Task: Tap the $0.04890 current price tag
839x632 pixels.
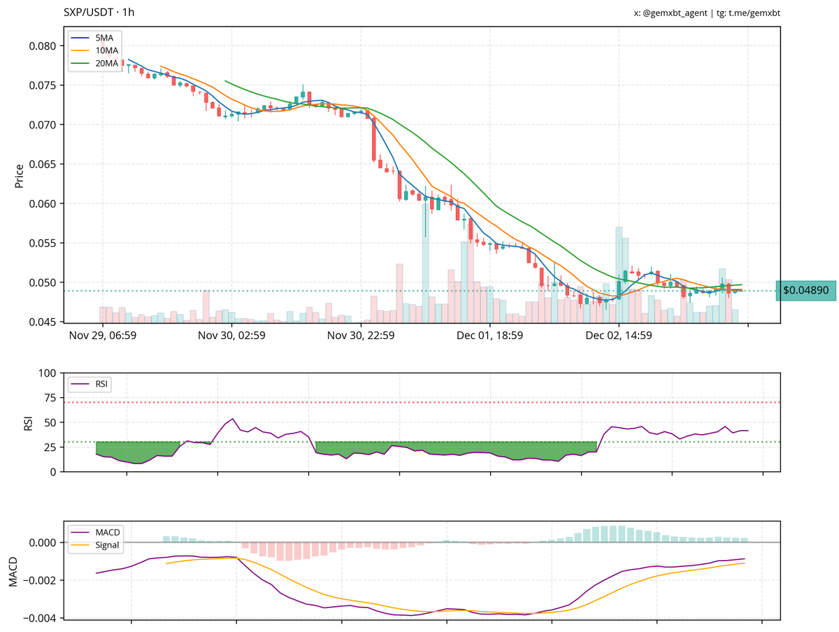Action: pos(805,290)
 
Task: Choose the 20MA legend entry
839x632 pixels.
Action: pos(105,63)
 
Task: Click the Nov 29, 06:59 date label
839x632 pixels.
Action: pos(102,336)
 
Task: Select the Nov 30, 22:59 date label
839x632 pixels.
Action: pos(361,336)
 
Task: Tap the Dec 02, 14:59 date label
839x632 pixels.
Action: pos(619,336)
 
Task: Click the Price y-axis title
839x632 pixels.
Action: pos(19,176)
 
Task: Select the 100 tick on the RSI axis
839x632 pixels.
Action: pos(47,373)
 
